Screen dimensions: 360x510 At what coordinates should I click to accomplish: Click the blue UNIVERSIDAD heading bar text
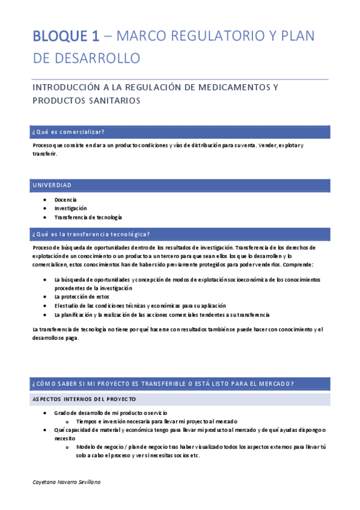click(x=52, y=185)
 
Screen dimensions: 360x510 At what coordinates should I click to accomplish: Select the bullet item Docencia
click(x=66, y=200)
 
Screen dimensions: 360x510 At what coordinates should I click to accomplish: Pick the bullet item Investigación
click(x=70, y=208)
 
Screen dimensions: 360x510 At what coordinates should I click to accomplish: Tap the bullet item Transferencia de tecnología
click(x=88, y=217)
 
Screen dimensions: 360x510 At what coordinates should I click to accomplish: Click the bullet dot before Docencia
click(x=46, y=200)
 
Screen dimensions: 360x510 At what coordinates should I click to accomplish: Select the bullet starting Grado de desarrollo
click(x=111, y=413)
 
